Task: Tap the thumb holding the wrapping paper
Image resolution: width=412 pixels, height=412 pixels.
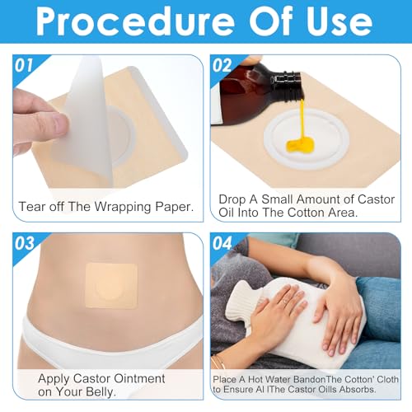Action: click(49, 124)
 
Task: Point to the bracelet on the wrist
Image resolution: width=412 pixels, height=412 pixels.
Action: click(218, 362)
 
